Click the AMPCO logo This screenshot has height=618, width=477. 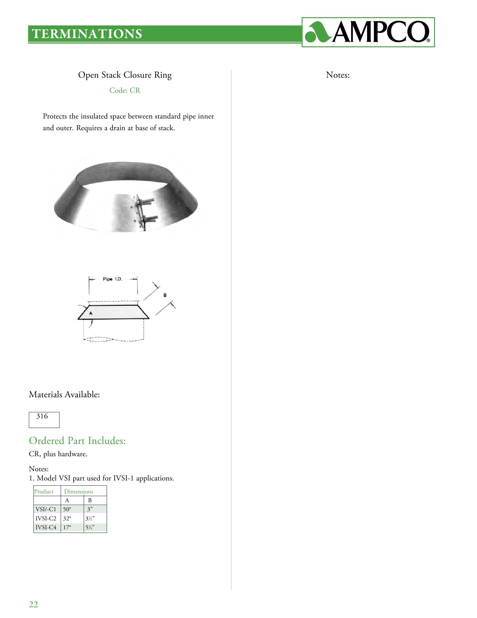[368, 32]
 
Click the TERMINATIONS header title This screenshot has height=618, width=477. [87, 34]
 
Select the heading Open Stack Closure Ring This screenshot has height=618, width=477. [125, 75]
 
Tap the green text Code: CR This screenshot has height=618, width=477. [125, 91]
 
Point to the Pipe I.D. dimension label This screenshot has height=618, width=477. [113, 279]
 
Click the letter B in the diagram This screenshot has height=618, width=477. [165, 295]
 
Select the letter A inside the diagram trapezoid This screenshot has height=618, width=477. [91, 313]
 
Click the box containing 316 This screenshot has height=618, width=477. [44, 420]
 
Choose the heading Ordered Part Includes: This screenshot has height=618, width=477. [77, 441]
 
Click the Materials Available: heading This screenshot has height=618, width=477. [64, 395]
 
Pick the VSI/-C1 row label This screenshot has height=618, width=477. [46, 509]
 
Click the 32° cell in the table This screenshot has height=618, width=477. [67, 519]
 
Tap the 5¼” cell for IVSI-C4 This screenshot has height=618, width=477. [90, 528]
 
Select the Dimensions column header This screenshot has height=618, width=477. [78, 492]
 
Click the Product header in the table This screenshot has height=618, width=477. [44, 492]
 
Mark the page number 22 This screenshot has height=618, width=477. [33, 604]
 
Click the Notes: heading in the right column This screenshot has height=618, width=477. [338, 75]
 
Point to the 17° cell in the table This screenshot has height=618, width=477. [67, 528]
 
